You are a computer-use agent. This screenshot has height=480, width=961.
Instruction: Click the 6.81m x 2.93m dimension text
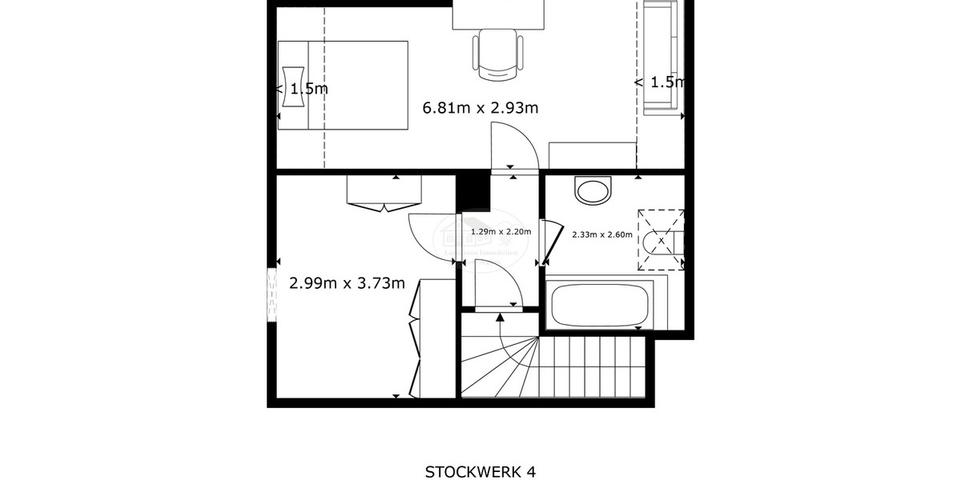click(480, 107)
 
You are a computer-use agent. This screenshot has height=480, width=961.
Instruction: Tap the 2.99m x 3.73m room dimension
click(346, 282)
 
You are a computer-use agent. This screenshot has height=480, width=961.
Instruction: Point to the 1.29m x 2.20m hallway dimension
click(501, 232)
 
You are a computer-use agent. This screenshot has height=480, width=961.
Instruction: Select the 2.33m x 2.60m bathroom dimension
click(601, 235)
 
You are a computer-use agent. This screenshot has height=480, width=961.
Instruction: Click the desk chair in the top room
click(497, 54)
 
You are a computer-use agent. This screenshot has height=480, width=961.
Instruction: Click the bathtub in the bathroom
click(599, 304)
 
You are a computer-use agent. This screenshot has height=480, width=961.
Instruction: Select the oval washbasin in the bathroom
click(593, 190)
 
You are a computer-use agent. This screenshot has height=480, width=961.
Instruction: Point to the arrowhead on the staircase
click(501, 318)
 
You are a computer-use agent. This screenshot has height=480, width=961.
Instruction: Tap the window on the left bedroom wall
click(271, 294)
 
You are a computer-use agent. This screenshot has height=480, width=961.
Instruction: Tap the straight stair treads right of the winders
click(593, 365)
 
